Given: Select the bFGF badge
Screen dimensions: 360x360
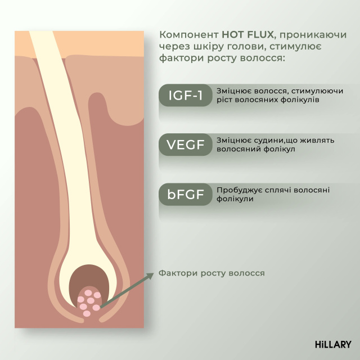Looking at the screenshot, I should pos(185,195).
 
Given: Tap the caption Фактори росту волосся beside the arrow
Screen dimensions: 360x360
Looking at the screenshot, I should pos(211,273).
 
